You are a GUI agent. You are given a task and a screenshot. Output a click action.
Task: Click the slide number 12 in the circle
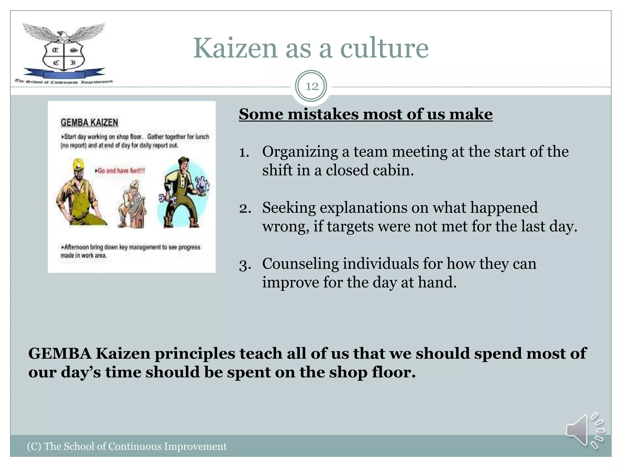click(x=312, y=86)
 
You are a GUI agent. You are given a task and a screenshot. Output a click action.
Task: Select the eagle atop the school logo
click(x=63, y=34)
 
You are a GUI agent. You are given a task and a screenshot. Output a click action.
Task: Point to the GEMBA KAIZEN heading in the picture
click(x=89, y=123)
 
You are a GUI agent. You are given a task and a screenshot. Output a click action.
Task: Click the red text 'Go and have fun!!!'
click(x=121, y=171)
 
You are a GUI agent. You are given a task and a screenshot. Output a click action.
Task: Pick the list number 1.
click(x=244, y=152)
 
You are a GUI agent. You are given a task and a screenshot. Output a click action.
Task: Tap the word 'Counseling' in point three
click(x=300, y=264)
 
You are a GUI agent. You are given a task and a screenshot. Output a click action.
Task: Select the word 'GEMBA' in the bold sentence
click(x=60, y=354)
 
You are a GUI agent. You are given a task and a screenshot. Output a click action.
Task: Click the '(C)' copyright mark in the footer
click(x=34, y=446)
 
